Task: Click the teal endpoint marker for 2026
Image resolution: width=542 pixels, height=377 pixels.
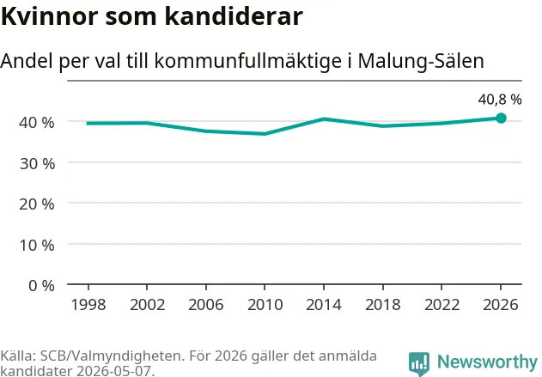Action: click(x=501, y=119)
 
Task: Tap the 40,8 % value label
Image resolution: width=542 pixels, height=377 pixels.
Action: click(x=500, y=100)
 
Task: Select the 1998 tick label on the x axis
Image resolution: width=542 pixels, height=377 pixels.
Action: click(x=88, y=305)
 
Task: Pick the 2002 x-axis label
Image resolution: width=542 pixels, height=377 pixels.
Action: click(x=147, y=305)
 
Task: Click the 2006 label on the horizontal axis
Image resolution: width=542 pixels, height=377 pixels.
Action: click(x=206, y=305)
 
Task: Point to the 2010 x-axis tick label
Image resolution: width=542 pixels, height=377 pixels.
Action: click(x=265, y=305)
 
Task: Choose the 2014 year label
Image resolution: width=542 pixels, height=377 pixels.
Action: click(x=324, y=305)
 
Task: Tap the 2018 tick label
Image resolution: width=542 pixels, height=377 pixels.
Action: click(x=383, y=305)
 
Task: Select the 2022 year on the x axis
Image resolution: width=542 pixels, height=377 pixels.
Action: click(x=442, y=305)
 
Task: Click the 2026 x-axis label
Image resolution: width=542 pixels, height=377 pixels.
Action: click(x=501, y=305)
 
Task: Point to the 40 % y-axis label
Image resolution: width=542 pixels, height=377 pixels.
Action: click(x=37, y=123)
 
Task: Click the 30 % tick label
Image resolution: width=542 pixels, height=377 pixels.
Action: click(x=37, y=164)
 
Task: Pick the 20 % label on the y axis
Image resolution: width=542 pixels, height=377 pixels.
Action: click(x=37, y=204)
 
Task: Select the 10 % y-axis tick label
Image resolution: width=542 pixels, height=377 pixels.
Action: click(x=37, y=246)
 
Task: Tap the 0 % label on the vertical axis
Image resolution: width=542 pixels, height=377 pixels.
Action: click(x=41, y=286)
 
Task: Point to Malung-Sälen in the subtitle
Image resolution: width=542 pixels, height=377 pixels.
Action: click(x=421, y=61)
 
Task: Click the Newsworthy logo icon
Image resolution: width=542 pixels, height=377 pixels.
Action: click(x=419, y=364)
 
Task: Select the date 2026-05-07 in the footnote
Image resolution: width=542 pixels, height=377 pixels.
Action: click(x=113, y=371)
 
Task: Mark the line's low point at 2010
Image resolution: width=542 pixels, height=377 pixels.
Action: click(x=265, y=134)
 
